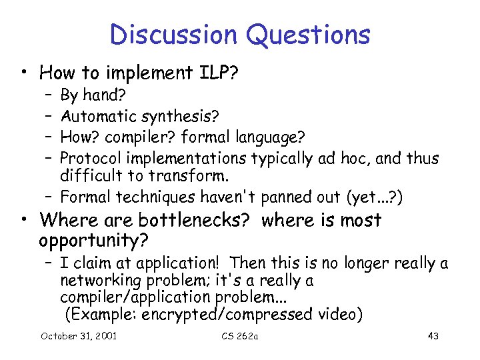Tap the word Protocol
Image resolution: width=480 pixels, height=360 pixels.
click(x=87, y=158)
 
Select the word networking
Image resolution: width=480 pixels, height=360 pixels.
click(x=100, y=281)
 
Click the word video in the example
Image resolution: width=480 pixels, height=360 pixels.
click(x=339, y=314)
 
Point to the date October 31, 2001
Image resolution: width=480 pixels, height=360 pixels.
click(x=79, y=335)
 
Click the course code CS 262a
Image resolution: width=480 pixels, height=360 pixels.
click(x=240, y=335)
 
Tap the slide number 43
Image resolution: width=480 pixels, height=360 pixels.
click(x=433, y=335)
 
